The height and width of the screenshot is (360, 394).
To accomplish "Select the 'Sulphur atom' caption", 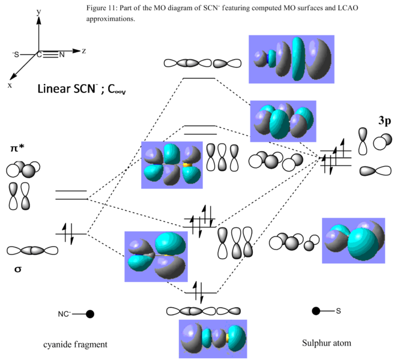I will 327,343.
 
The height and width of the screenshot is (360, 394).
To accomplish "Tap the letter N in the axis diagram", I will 62,55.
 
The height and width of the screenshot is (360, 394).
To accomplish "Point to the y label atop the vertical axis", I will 39,12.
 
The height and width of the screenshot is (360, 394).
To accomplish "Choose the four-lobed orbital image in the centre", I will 171,164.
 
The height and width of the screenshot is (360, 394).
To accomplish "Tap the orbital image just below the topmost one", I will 282,121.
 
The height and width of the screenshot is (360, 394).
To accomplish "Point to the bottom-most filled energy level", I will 198,293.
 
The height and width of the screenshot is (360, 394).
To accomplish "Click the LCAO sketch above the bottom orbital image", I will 204,311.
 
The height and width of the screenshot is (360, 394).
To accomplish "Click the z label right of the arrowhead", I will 85,52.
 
